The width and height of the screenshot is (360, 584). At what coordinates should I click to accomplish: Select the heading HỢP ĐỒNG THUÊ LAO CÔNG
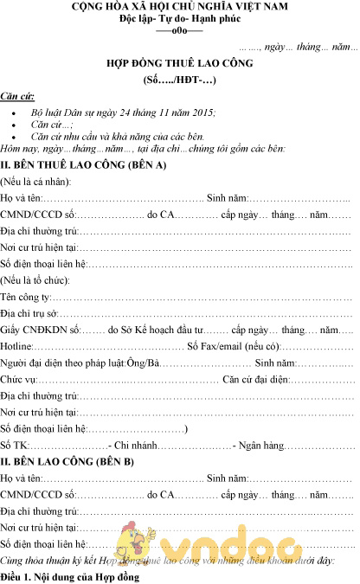tap(180, 66)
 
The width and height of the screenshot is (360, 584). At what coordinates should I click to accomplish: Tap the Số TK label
tap(14, 445)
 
